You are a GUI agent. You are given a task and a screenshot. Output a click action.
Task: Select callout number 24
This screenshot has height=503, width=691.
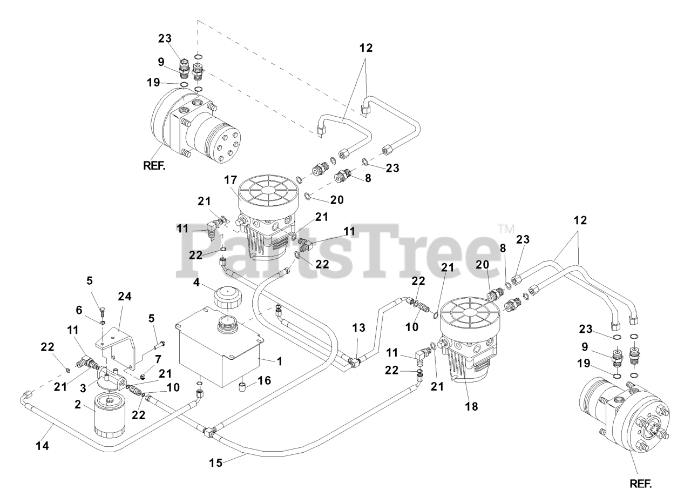[x=125, y=296]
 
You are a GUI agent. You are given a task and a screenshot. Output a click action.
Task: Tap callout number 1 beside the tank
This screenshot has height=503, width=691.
[x=280, y=362]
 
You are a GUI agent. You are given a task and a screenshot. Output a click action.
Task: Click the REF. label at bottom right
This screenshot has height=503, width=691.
[x=640, y=484]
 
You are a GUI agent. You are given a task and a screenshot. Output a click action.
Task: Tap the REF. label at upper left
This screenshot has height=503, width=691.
[x=154, y=166]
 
